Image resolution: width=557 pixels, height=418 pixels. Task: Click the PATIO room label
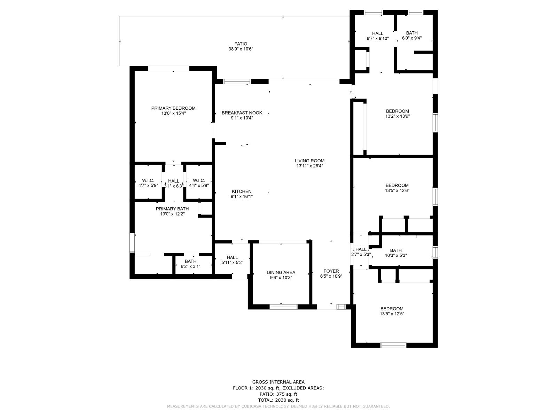(x=241, y=44)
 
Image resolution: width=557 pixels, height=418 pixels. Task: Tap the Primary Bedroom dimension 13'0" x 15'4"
(x=173, y=113)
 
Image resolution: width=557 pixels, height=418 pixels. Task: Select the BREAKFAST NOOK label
(x=242, y=113)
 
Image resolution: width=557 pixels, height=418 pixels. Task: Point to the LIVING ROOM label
(x=309, y=161)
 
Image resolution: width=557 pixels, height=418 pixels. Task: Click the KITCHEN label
(x=242, y=192)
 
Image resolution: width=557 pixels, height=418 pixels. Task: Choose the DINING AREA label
(x=281, y=273)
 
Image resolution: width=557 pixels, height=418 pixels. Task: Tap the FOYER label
(x=331, y=271)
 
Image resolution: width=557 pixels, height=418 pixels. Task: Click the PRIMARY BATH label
(x=172, y=209)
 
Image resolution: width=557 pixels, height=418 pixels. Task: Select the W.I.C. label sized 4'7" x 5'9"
(x=148, y=180)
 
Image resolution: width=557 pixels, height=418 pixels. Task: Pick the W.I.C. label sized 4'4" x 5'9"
(x=199, y=180)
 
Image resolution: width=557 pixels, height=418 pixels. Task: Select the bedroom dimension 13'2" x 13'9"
(x=398, y=116)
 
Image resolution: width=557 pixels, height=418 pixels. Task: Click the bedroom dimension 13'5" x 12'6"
(x=397, y=191)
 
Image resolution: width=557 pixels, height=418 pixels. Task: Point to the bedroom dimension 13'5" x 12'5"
(x=392, y=314)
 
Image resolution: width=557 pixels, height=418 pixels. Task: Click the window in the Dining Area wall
(x=284, y=307)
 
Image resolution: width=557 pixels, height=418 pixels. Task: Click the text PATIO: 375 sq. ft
(x=278, y=394)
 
